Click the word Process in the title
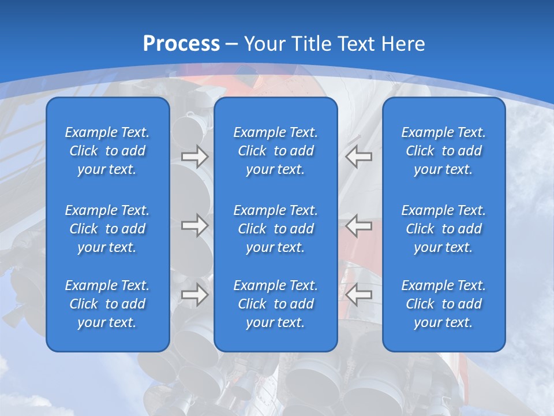181,44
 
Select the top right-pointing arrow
194,157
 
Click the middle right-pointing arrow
194,225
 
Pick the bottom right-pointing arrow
194,294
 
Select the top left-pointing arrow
359,157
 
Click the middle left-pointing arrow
359,225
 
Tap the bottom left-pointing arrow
359,294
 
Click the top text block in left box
107,151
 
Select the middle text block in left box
107,229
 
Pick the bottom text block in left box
107,304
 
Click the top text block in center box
275,151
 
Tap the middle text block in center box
275,229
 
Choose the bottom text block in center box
275,304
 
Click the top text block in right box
443,151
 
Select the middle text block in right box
443,229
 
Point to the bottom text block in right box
443,304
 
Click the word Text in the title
357,44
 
